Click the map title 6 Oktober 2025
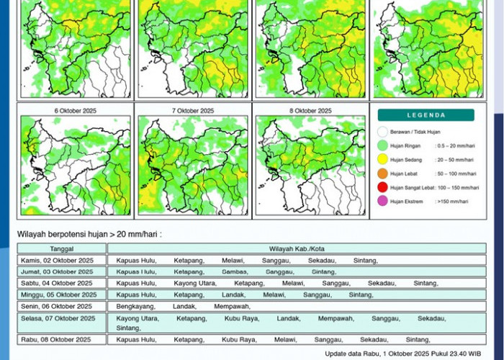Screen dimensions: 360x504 click(75, 111)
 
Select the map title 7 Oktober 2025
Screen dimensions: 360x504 click(193, 111)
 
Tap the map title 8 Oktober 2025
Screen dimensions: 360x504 click(310, 111)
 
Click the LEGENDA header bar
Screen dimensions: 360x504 click(426, 115)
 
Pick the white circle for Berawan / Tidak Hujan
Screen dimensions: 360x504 click(382, 132)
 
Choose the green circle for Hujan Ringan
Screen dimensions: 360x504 click(382, 146)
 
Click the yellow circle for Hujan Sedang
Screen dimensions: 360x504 click(382, 160)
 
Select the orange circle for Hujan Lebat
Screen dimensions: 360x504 click(382, 174)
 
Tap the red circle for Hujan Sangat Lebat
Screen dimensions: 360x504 click(382, 187)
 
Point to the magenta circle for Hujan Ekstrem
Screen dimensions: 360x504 click(382, 201)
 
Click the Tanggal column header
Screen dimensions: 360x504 click(62, 248)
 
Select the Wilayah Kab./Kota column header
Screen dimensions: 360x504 click(296, 248)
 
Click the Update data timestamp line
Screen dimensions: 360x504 click(406, 354)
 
